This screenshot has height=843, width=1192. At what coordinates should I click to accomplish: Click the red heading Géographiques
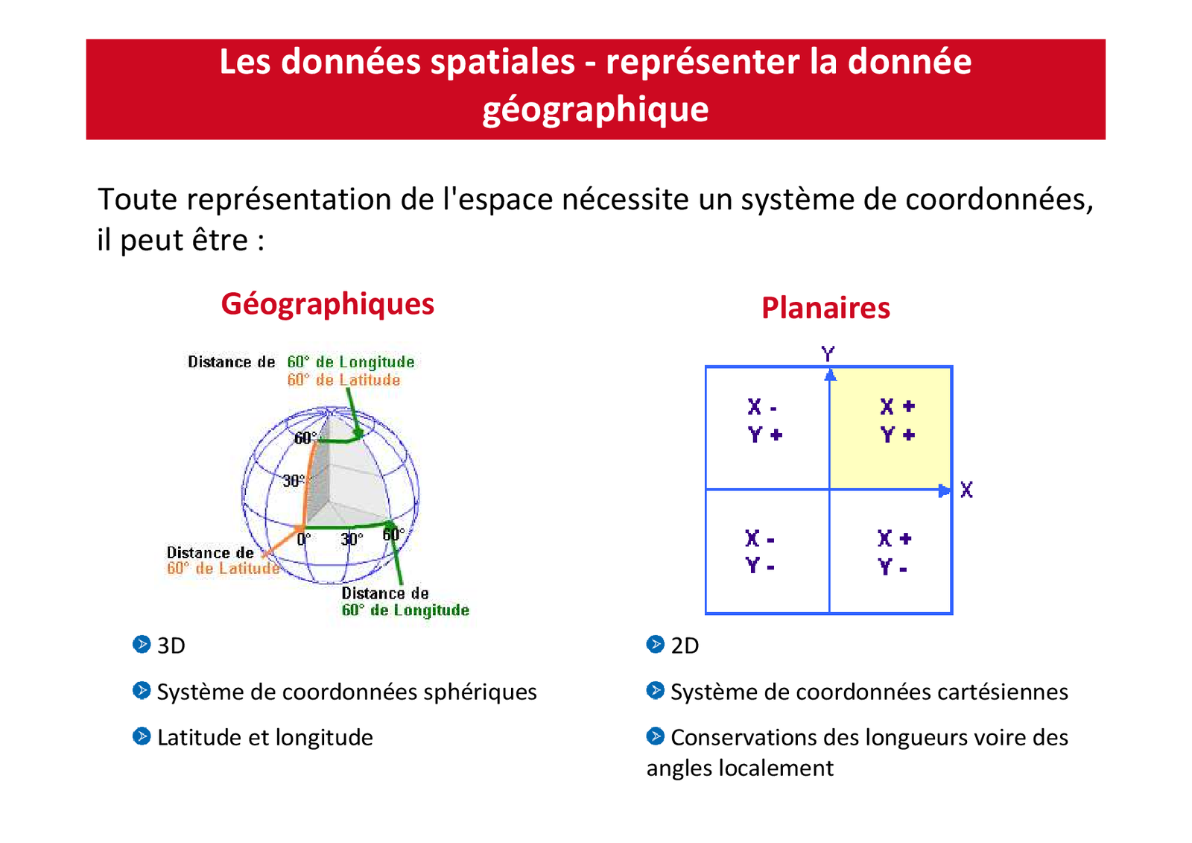(327, 304)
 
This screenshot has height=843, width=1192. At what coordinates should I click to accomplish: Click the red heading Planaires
(825, 309)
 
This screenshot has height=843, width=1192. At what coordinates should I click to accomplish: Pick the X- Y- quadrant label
(761, 552)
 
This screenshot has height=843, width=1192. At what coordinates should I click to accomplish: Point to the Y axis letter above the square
(828, 353)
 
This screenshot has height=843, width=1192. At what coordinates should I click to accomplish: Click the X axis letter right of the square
(966, 490)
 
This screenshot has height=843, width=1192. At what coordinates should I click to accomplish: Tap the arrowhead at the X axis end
(945, 490)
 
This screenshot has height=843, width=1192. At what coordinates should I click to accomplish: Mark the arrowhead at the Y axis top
(830, 375)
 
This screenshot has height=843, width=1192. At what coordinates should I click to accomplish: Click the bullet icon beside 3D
(142, 644)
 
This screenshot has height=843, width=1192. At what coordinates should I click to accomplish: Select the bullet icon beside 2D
(656, 644)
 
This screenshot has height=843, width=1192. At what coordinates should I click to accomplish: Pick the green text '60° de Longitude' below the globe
(405, 610)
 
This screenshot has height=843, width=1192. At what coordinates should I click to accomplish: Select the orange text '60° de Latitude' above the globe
(343, 380)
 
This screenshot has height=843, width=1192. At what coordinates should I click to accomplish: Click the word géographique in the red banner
(595, 110)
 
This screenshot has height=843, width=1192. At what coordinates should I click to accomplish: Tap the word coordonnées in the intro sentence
(998, 200)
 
